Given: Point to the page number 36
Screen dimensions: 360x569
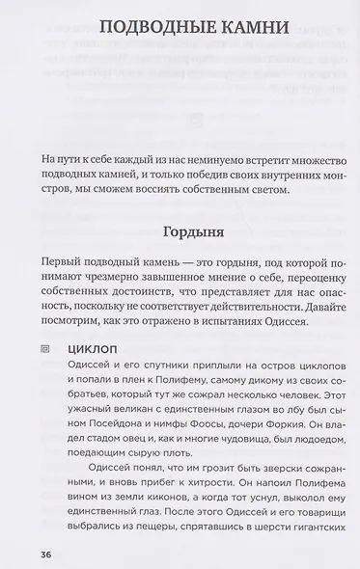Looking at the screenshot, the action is click(47, 555).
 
